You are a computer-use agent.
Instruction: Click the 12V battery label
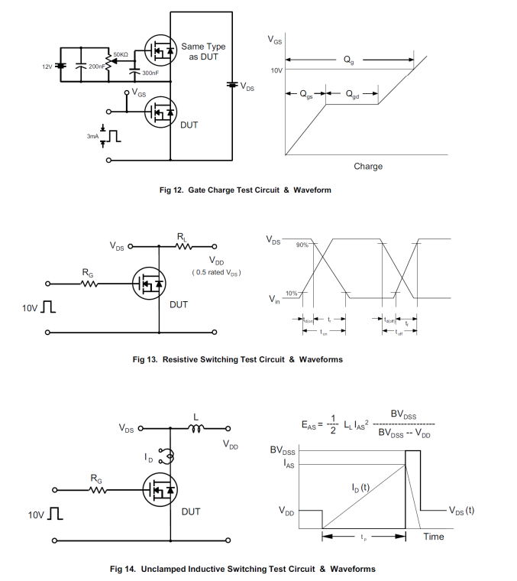coord(47,67)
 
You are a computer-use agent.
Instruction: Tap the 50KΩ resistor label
coord(121,54)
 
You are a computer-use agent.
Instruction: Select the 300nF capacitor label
coord(150,73)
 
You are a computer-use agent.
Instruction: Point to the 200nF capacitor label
coord(97,67)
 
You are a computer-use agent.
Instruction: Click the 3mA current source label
coord(92,135)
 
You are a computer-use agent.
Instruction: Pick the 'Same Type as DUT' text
coord(203,52)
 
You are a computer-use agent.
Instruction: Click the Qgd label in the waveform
coord(352,95)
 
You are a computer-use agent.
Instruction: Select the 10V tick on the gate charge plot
coord(277,70)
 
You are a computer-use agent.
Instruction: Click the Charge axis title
coord(368,166)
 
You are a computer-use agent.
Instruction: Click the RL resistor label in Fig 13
coord(182,238)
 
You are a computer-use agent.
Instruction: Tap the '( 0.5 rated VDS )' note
coord(215,273)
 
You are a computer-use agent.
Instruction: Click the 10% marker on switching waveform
coord(291,293)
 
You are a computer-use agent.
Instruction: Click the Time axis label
coord(434,537)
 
